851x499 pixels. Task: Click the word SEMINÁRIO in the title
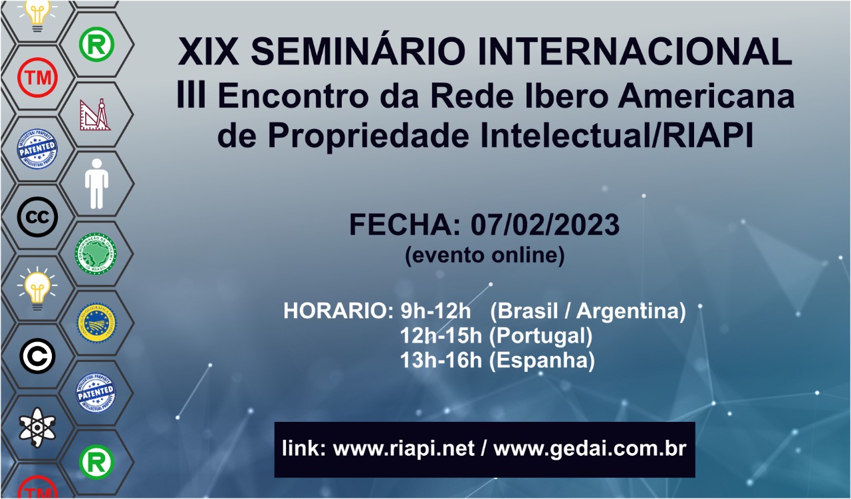[358, 51]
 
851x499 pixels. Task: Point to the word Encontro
[293, 96]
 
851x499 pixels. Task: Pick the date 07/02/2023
[545, 225]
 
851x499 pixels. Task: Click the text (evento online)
[485, 255]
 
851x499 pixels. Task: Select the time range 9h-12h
[435, 311]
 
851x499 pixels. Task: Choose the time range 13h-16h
[441, 360]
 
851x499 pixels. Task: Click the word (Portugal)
[541, 336]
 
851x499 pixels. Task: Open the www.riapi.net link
[404, 448]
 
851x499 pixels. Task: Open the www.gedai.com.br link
[590, 449]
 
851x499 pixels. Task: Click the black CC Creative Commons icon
[38, 217]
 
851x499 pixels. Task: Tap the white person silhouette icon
[96, 184]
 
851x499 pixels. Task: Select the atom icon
[37, 428]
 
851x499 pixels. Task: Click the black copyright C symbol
[38, 356]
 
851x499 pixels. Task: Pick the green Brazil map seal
[96, 253]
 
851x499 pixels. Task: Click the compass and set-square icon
[95, 114]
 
